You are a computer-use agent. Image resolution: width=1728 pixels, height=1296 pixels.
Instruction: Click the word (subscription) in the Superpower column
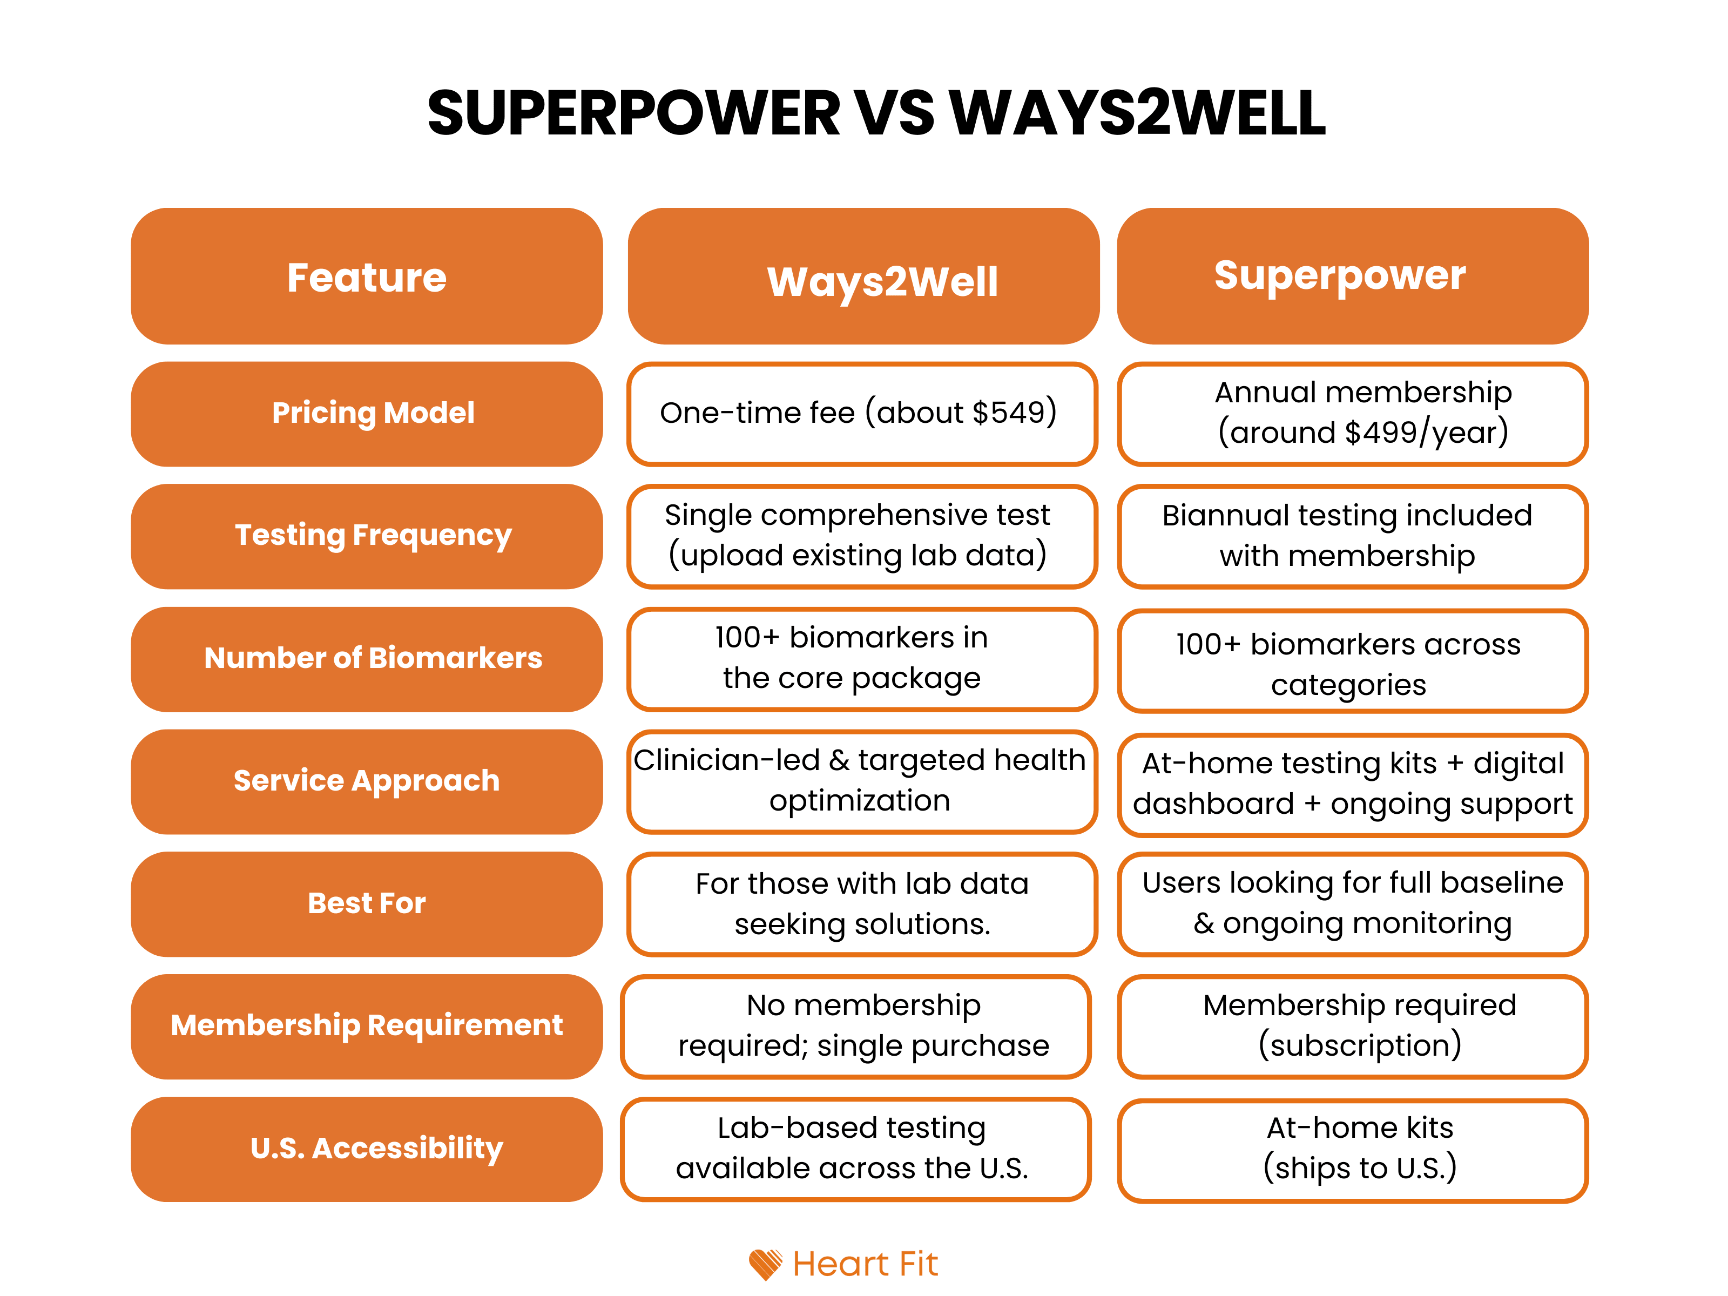click(x=1359, y=1046)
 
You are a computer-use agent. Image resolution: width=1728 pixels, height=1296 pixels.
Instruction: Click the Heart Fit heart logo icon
click(x=765, y=1263)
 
